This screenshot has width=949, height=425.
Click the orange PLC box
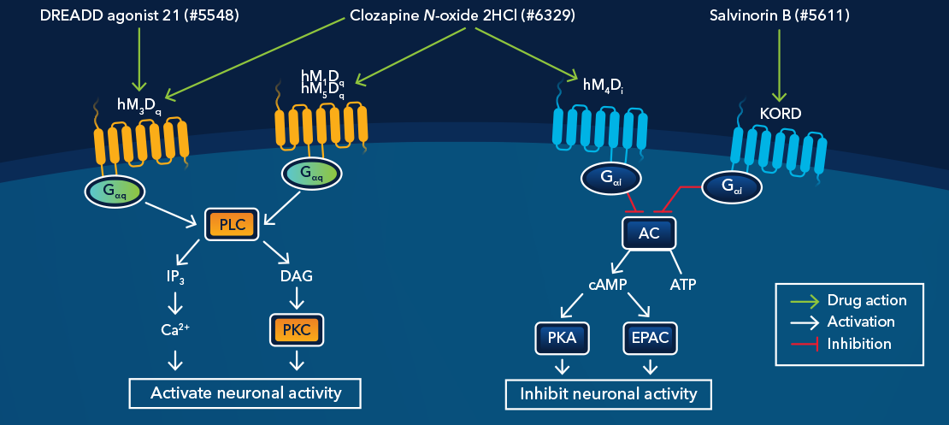[x=232, y=225]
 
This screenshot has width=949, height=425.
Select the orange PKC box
[x=296, y=328]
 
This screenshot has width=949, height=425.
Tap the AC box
[x=648, y=233]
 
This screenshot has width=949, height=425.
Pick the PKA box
[x=562, y=338]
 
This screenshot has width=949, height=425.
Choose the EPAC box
[x=651, y=338]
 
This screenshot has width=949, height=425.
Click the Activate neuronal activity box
[x=246, y=393]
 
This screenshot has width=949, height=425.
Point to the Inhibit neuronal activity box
[x=609, y=393]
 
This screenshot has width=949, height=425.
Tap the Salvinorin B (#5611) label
[x=779, y=16]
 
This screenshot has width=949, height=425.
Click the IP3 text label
[x=175, y=276]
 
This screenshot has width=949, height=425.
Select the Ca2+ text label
[x=175, y=328]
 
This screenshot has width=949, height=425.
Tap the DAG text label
[x=296, y=276]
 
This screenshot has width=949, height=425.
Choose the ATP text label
[x=684, y=284]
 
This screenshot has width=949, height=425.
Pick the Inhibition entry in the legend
[x=858, y=344]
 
